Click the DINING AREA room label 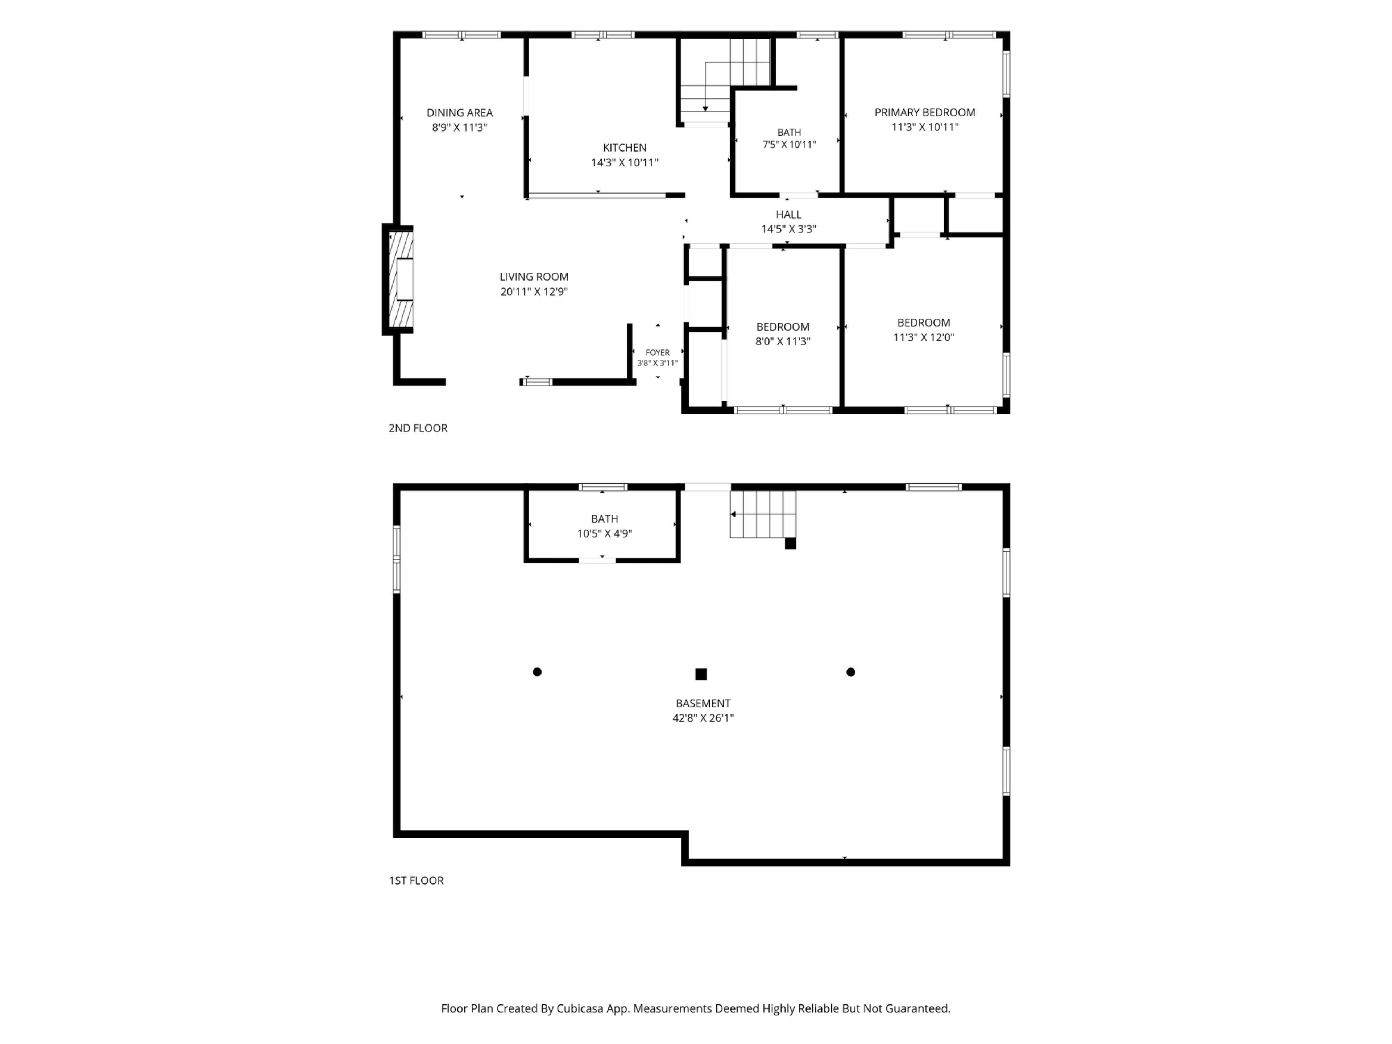point(459,113)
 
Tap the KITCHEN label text point(624,147)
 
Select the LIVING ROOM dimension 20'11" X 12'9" point(534,291)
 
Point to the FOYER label point(658,352)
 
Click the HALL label point(788,215)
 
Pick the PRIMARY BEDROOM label point(924,113)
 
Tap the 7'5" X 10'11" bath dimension point(789,144)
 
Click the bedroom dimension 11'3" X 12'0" point(924,337)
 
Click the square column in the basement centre point(701,674)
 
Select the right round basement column point(851,672)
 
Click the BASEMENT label point(703,703)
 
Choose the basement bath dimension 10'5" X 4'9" point(604,534)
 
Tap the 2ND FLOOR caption point(418,428)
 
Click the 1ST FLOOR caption point(416,881)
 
